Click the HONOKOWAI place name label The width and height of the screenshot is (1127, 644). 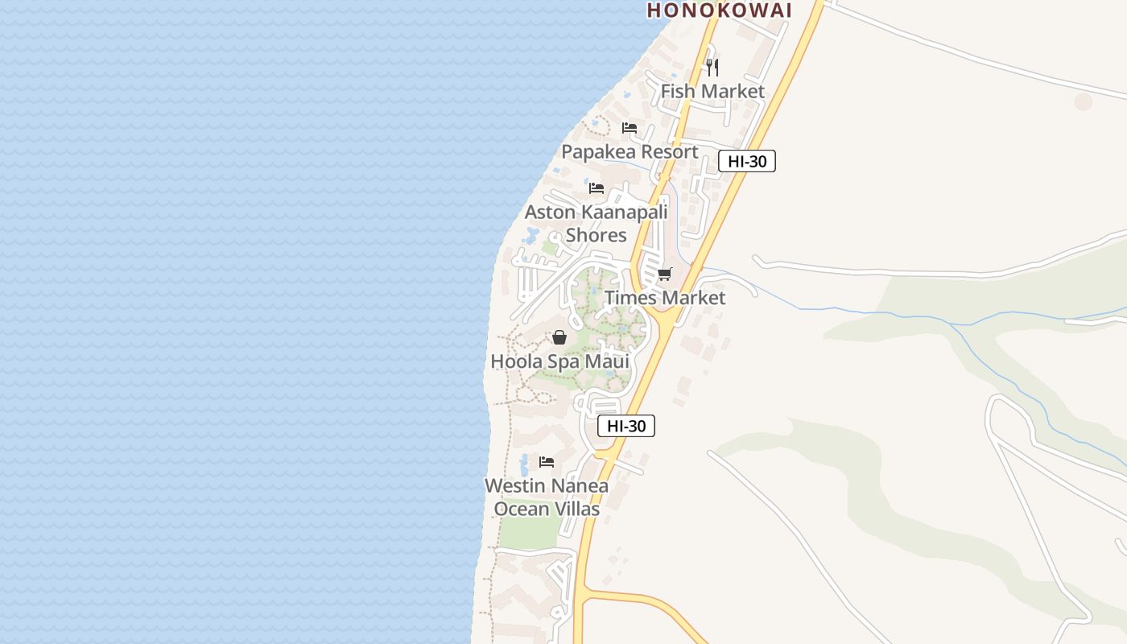[x=720, y=10]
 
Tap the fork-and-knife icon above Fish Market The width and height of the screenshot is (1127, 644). [x=712, y=67]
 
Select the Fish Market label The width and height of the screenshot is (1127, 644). [x=712, y=91]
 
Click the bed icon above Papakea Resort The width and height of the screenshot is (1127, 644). [x=630, y=128]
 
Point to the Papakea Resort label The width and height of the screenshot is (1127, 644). [x=630, y=151]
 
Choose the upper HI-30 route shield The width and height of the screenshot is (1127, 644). [x=746, y=161]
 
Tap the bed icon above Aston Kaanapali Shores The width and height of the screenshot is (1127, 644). [x=597, y=188]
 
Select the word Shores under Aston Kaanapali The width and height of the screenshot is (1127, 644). [x=596, y=235]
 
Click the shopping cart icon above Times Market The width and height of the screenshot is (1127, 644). [x=665, y=275]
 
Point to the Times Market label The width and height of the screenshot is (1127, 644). [x=665, y=298]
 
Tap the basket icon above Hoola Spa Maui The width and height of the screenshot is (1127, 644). [x=559, y=337]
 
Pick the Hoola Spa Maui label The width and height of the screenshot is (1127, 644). [x=559, y=361]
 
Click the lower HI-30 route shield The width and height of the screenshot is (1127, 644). [x=626, y=426]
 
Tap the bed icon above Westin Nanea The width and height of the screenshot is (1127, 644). [x=547, y=462]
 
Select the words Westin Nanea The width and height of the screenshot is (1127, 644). [x=547, y=486]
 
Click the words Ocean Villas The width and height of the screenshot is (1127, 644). [x=547, y=509]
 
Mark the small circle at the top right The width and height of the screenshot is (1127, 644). [x=1084, y=101]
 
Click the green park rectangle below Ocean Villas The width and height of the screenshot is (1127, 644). [x=529, y=532]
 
